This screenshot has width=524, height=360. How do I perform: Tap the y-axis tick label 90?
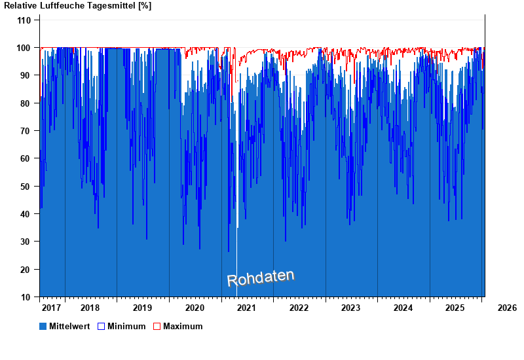(x=26, y=75)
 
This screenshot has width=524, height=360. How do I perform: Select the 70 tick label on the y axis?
(x=26, y=131)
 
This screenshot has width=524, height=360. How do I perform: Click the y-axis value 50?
(x=26, y=187)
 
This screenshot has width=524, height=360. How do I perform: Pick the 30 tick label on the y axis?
(x=26, y=242)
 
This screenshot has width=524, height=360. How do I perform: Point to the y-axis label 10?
(x=26, y=297)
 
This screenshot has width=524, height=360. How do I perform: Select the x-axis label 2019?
(x=142, y=308)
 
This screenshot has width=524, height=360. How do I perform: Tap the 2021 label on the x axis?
(x=246, y=308)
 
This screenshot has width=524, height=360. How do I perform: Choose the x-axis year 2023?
(x=350, y=308)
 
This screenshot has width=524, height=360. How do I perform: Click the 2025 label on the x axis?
(x=455, y=308)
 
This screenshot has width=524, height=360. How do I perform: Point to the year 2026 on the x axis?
(x=507, y=308)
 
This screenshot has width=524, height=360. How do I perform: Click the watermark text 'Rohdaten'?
(x=261, y=278)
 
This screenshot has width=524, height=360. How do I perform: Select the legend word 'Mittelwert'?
(x=69, y=326)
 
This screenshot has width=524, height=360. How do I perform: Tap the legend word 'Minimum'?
(x=126, y=326)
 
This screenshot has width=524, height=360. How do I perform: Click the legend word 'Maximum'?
(x=183, y=326)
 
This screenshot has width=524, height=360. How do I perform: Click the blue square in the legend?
(x=43, y=326)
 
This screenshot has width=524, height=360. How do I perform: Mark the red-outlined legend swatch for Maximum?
(x=157, y=326)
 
